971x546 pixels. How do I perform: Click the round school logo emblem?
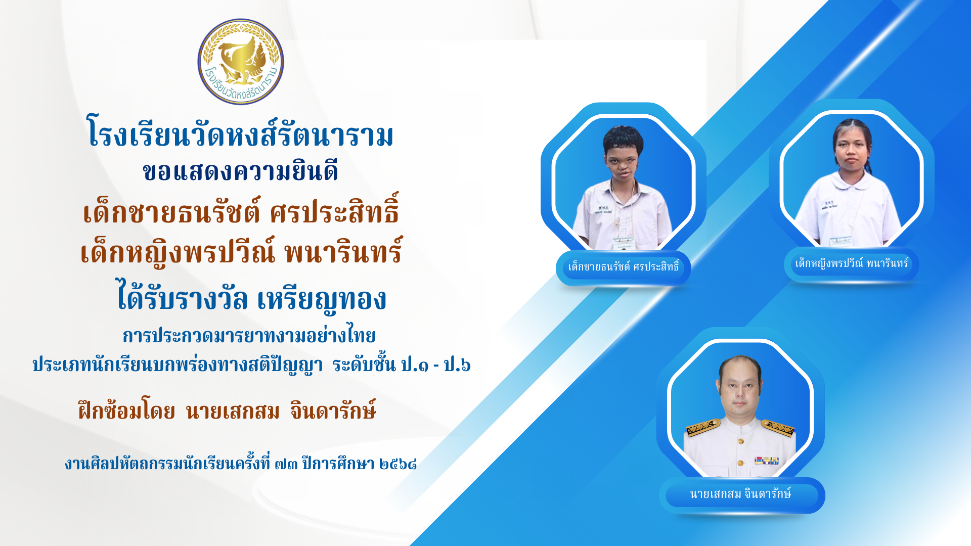click(241, 62)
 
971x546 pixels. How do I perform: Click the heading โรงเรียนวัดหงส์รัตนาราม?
click(241, 132)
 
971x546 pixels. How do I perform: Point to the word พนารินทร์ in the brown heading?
click(343, 250)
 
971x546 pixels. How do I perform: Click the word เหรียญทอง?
click(322, 298)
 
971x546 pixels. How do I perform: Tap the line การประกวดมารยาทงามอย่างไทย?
click(249, 335)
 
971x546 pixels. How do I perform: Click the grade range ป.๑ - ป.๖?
click(435, 364)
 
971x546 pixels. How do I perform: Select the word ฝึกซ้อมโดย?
click(127, 411)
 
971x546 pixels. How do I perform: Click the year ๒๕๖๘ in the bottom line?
click(398, 464)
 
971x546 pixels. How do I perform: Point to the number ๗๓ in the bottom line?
click(286, 464)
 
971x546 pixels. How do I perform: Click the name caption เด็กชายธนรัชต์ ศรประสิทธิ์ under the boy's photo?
click(624, 266)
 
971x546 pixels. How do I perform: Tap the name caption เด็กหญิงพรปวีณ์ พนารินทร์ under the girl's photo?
click(852, 263)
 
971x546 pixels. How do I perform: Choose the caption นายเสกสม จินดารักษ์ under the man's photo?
click(740, 494)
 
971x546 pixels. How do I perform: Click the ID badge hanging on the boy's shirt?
click(624, 243)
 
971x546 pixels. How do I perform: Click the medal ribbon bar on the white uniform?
click(767, 461)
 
